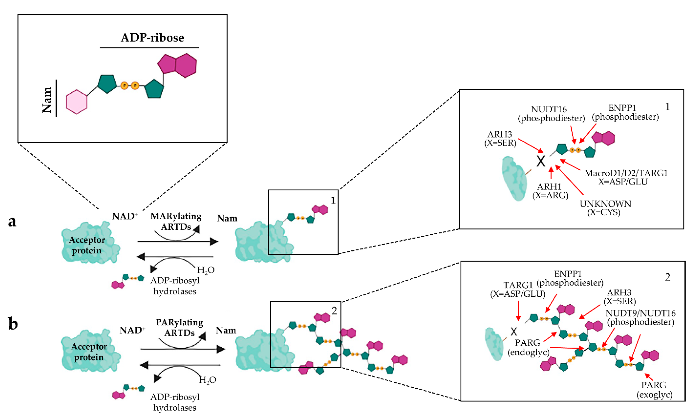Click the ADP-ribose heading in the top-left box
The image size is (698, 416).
tap(152, 38)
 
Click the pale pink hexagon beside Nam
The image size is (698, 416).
tap(76, 102)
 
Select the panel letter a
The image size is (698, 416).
tap(12, 221)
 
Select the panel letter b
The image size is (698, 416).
tap(13, 324)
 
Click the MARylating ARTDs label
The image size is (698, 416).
tap(176, 221)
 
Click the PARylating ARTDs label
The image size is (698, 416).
tap(179, 327)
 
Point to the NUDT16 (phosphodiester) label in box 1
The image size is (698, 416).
tap(551, 114)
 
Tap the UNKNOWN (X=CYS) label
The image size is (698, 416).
tap(605, 208)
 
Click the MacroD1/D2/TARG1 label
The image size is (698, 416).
tap(625, 177)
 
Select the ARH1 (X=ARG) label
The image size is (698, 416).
tap(550, 191)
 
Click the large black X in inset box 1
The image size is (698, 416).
tap(541, 161)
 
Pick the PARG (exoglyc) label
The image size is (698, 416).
tap(654, 390)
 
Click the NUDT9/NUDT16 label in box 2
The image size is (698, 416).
tap(640, 317)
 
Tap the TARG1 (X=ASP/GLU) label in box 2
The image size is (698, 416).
tap(518, 289)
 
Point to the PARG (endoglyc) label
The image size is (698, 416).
tap(528, 347)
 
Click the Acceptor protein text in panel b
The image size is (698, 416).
tap(89, 352)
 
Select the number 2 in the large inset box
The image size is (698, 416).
tap(668, 277)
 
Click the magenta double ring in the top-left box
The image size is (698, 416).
tap(178, 65)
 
